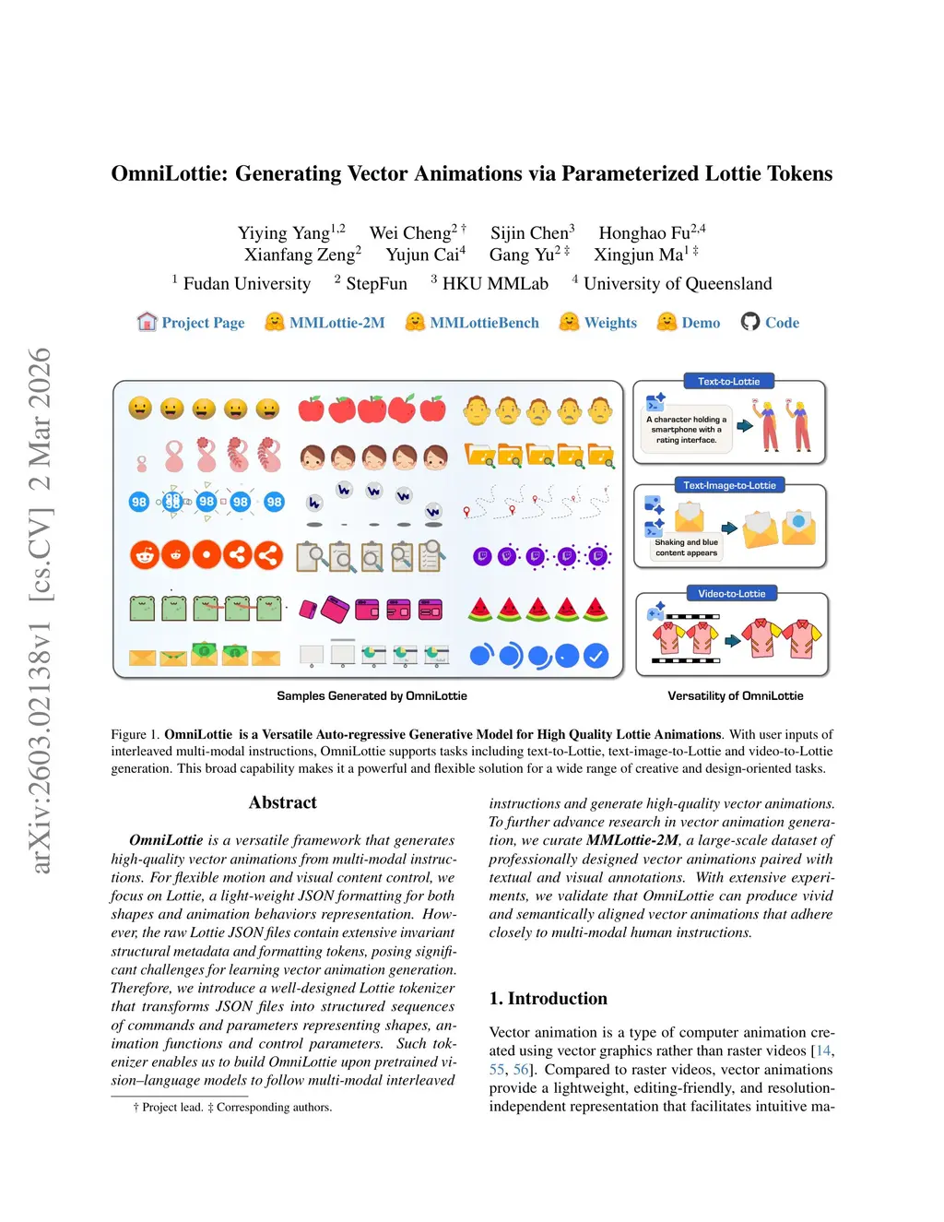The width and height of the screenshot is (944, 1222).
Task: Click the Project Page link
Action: point(203,323)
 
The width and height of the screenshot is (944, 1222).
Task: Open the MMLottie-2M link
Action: point(336,323)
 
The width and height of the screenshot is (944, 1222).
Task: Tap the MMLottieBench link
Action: point(484,323)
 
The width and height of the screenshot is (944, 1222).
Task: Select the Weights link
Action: point(610,323)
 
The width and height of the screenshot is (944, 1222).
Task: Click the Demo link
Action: point(701,323)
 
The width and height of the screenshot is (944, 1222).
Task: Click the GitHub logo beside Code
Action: point(750,322)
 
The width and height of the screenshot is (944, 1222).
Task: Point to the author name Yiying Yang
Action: point(284,233)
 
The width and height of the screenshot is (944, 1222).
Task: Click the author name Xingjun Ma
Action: point(639,255)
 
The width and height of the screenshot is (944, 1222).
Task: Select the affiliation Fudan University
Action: point(247,284)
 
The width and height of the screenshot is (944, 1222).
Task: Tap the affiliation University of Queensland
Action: point(678,284)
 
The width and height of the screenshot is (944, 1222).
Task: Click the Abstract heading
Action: point(282,802)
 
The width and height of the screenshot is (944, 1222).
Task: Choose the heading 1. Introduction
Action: point(549,999)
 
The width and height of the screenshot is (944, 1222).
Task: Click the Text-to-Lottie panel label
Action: point(728,382)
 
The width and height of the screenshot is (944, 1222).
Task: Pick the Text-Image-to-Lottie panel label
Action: point(729,485)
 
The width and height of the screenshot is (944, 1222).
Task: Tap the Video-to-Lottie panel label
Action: point(731,594)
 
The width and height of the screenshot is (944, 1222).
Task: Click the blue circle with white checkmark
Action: point(596,656)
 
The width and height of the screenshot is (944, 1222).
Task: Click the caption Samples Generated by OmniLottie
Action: point(372,696)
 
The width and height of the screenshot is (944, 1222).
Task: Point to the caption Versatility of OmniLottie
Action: point(736,696)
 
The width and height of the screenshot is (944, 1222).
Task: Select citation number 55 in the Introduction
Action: point(497,1070)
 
